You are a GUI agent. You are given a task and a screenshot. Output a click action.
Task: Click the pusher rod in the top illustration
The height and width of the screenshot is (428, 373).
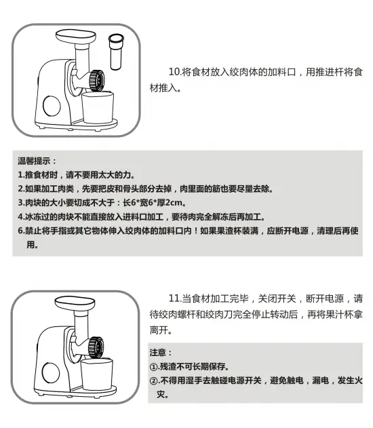pos(116,52)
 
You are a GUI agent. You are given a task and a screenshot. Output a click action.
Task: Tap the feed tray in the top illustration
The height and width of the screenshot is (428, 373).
pos(76,37)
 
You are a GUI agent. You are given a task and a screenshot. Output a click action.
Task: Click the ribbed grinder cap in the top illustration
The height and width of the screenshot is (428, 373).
pos(96,81)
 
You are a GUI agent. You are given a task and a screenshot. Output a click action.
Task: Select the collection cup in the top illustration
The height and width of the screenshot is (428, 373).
pos(98,108)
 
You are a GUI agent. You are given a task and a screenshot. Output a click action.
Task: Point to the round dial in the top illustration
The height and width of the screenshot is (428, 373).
pos(52,105)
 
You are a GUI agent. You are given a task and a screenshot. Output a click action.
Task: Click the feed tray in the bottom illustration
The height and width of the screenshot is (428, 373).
pos(75,303)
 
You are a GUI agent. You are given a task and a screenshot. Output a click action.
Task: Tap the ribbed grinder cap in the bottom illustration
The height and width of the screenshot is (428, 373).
pos(96,347)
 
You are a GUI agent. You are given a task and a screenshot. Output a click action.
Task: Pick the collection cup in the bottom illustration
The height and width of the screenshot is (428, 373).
pos(96,374)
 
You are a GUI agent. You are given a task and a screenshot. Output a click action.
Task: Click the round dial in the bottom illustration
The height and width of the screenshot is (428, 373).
pos(51,372)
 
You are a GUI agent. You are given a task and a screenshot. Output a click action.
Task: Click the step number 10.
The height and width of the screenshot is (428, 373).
pos(175,72)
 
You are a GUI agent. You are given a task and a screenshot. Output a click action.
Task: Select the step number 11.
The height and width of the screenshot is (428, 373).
pos(175,298)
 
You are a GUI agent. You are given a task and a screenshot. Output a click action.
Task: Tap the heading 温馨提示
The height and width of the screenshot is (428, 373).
pos(34,161)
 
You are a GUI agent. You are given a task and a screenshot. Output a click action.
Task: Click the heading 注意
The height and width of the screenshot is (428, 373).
pos(158,353)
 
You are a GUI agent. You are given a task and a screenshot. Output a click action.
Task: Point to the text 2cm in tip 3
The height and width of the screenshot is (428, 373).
pos(174,203)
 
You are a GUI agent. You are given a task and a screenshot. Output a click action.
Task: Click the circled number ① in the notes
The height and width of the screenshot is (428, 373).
pos(154,366)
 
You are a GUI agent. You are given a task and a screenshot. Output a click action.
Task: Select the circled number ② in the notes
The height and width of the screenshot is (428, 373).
pos(154,381)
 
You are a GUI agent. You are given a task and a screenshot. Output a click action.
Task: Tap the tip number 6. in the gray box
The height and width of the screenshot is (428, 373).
pos(21,231)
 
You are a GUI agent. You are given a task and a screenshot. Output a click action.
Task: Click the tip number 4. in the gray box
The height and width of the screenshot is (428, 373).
pos(21,217)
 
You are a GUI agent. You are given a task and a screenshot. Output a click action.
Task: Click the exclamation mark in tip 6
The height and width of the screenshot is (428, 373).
pos(195,231)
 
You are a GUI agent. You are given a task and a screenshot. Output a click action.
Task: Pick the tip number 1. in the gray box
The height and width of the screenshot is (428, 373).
pos(21,175)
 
